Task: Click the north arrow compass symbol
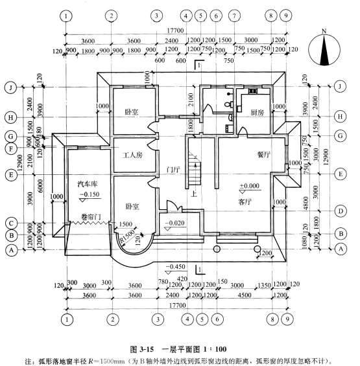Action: click(324, 49)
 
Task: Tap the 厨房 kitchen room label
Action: click(258, 113)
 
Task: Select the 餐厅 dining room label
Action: click(264, 155)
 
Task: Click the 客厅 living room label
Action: click(245, 201)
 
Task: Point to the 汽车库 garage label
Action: click(88, 184)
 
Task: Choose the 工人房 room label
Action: click(132, 155)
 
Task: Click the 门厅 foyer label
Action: click(173, 170)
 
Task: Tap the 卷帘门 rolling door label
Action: click(91, 216)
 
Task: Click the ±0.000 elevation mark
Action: click(250, 186)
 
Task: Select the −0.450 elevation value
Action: click(175, 266)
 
